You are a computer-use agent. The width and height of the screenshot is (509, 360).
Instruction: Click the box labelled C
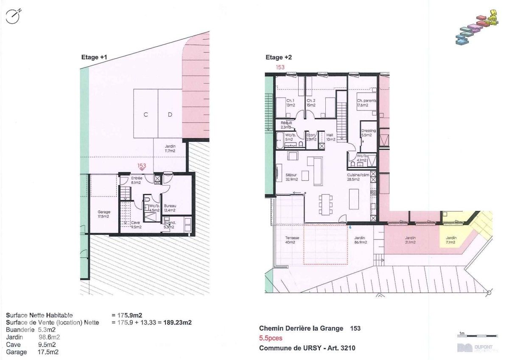[146, 114]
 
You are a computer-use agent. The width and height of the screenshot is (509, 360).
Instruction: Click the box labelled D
[170, 114]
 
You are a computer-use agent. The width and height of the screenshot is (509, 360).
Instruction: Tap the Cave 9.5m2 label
[136, 225]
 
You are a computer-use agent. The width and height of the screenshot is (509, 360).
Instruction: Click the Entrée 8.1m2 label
[137, 180]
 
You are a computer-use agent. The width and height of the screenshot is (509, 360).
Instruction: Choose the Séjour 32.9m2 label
[291, 177]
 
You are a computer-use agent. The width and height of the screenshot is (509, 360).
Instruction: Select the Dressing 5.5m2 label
[368, 132]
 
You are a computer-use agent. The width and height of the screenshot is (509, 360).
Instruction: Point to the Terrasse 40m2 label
[292, 240]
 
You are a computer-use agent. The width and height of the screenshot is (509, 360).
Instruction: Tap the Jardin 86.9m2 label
[360, 240]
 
